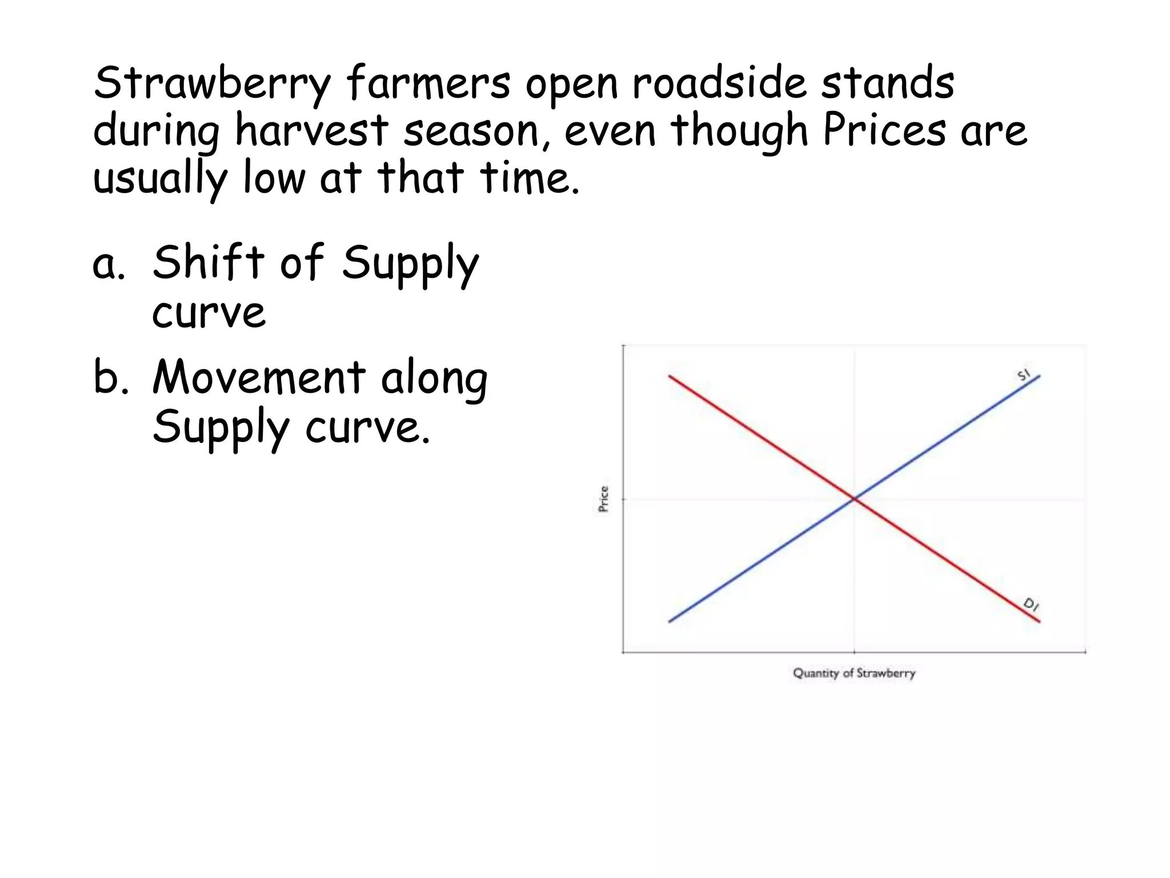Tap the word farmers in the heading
tap(428, 83)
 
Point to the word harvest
tap(311, 130)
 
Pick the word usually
tap(160, 178)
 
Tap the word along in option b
tap(434, 380)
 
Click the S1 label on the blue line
tap(1024, 375)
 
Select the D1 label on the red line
tap(1031, 604)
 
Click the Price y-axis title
tap(604, 499)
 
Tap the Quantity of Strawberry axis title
tap(854, 673)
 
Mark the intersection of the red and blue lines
tap(855, 499)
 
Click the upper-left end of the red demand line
tap(670, 377)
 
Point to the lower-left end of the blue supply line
tap(670, 621)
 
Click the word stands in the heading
tap(888, 83)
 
